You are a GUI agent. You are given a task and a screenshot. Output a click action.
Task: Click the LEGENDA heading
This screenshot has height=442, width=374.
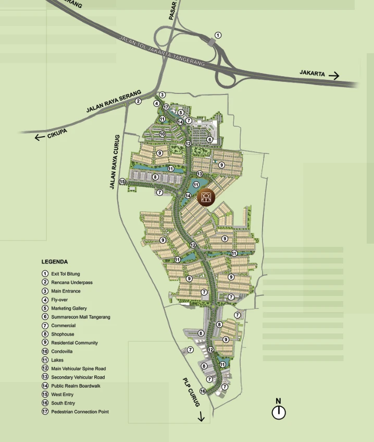55,262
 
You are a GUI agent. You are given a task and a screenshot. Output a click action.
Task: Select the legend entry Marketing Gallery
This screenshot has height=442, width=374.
69,308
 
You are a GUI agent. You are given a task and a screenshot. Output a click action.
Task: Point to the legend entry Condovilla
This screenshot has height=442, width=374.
61,351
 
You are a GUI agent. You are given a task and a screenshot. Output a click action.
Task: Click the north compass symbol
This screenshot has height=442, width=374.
279,412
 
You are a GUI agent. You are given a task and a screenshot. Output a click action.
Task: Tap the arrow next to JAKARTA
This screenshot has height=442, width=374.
334,76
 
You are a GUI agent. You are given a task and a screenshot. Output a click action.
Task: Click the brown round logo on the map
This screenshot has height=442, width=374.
207,197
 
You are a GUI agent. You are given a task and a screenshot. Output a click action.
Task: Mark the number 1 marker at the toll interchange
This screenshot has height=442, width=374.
218,35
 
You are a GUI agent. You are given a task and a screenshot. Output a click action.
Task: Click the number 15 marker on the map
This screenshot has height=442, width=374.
122,182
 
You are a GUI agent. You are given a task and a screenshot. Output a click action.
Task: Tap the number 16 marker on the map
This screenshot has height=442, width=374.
203,391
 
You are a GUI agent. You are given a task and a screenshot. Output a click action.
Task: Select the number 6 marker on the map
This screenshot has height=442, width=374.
209,139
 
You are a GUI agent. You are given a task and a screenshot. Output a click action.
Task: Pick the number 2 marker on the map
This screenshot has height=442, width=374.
138,101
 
